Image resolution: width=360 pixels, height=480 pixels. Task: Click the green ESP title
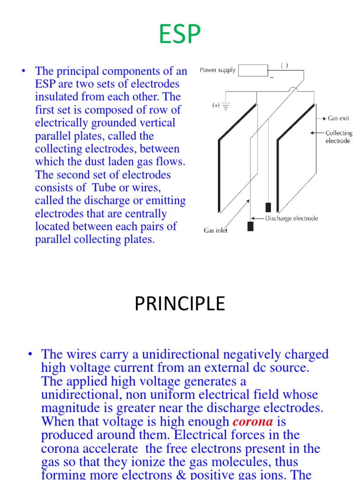point(180,34)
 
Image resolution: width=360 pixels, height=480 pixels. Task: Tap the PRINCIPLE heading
point(180,304)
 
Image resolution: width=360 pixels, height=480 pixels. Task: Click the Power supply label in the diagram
point(217,70)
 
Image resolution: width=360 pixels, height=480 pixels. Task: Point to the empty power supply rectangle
point(253,70)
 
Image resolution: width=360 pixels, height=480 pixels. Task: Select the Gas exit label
point(338,119)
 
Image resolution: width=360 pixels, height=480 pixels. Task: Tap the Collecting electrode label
point(338,137)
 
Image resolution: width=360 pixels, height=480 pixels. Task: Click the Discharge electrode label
point(292,218)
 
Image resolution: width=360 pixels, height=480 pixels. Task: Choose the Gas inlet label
point(216,231)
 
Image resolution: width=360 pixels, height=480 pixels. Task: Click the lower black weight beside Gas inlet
point(250,226)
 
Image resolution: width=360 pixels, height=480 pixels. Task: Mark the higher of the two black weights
point(268,207)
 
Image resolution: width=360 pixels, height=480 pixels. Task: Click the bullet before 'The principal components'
point(22,71)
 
